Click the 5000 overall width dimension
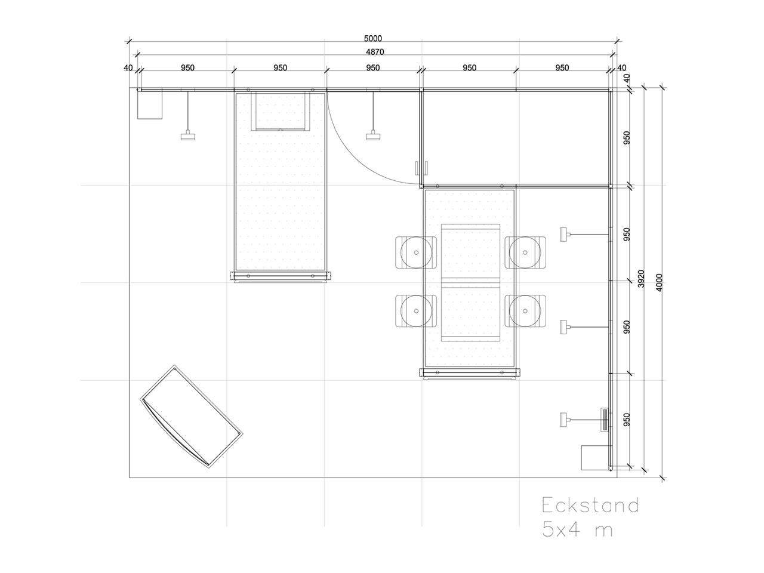pos(372,39)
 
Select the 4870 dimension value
pos(374,52)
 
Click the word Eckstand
pos(590,506)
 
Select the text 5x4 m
pos(577,529)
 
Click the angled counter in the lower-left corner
pos(191,416)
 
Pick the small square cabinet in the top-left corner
pos(150,105)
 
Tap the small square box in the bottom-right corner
pos(594,458)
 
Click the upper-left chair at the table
pos(413,252)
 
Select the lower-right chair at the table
pos(526,311)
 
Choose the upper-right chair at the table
pos(526,252)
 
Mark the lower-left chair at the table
pos(413,311)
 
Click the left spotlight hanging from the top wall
pos(189,136)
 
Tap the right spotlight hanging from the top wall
pos(374,136)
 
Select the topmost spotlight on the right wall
pos(564,234)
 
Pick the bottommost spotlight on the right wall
pos(564,420)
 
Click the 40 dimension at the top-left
pos(128,68)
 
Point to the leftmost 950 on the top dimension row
pos(188,68)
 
